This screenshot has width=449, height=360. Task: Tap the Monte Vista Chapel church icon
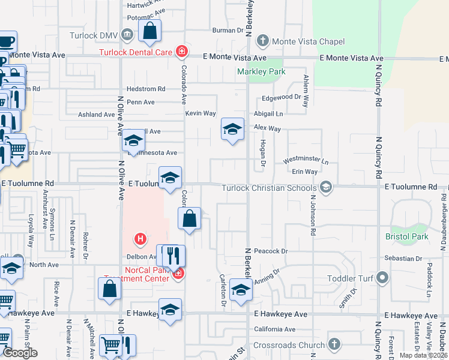262,41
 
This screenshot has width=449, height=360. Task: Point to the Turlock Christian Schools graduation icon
326,187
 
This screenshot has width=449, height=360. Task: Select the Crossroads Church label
289,345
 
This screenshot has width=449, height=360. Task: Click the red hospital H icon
140,238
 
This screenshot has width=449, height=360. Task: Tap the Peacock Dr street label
271,251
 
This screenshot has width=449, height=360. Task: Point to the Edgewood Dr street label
281,97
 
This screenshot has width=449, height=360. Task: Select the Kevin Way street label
200,113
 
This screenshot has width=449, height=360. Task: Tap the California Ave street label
275,329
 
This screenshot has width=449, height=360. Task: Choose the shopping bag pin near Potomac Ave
149,31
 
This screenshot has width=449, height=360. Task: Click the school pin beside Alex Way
232,130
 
